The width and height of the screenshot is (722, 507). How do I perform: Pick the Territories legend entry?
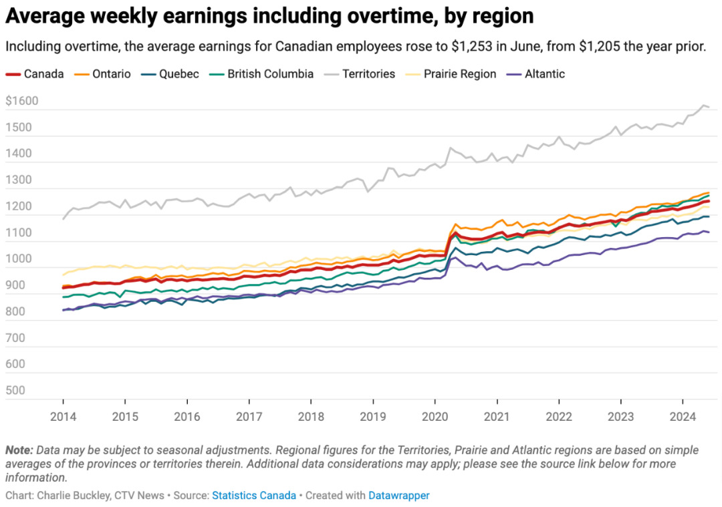[x=368, y=74]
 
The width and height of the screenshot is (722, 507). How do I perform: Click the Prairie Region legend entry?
[x=460, y=74]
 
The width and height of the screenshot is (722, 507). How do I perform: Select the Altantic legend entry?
[x=545, y=74]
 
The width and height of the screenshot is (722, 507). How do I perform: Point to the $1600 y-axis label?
[x=21, y=102]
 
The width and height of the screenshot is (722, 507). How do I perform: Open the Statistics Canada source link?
[x=254, y=496]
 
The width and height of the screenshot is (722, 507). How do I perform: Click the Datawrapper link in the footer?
[x=399, y=496]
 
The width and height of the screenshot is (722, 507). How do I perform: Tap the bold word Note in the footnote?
[x=19, y=450]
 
